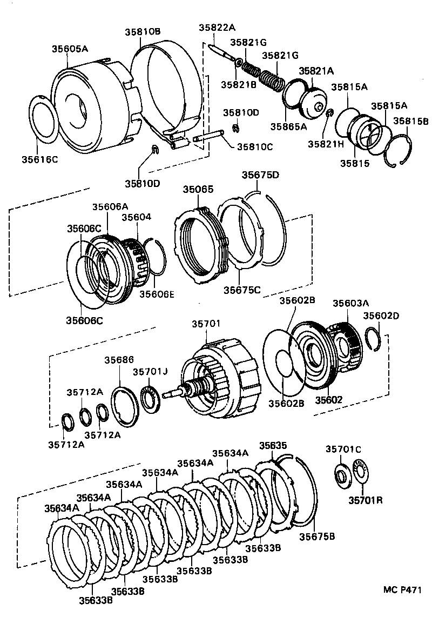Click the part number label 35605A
[x=70, y=49]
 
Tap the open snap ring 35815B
[x=399, y=151]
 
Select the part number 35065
[x=198, y=190]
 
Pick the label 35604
[x=136, y=217]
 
